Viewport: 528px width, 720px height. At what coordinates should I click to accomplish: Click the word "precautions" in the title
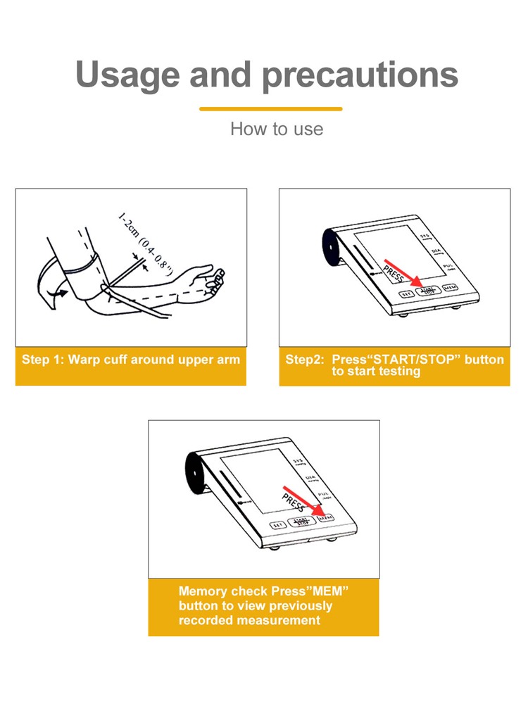pyautogui.click(x=360, y=75)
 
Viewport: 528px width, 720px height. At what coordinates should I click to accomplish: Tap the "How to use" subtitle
pyautogui.click(x=277, y=129)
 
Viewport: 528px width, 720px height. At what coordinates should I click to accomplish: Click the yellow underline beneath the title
pyautogui.click(x=271, y=109)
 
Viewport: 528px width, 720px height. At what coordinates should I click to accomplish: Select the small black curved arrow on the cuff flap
pyautogui.click(x=62, y=290)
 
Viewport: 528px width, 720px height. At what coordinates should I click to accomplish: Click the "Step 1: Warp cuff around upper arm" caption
pyautogui.click(x=131, y=360)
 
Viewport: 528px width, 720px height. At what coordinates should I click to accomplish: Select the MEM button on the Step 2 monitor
pyautogui.click(x=450, y=289)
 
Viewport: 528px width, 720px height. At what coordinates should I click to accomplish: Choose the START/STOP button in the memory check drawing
pyautogui.click(x=301, y=522)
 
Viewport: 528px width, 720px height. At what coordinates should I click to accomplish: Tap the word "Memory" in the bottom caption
pyautogui.click(x=201, y=591)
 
